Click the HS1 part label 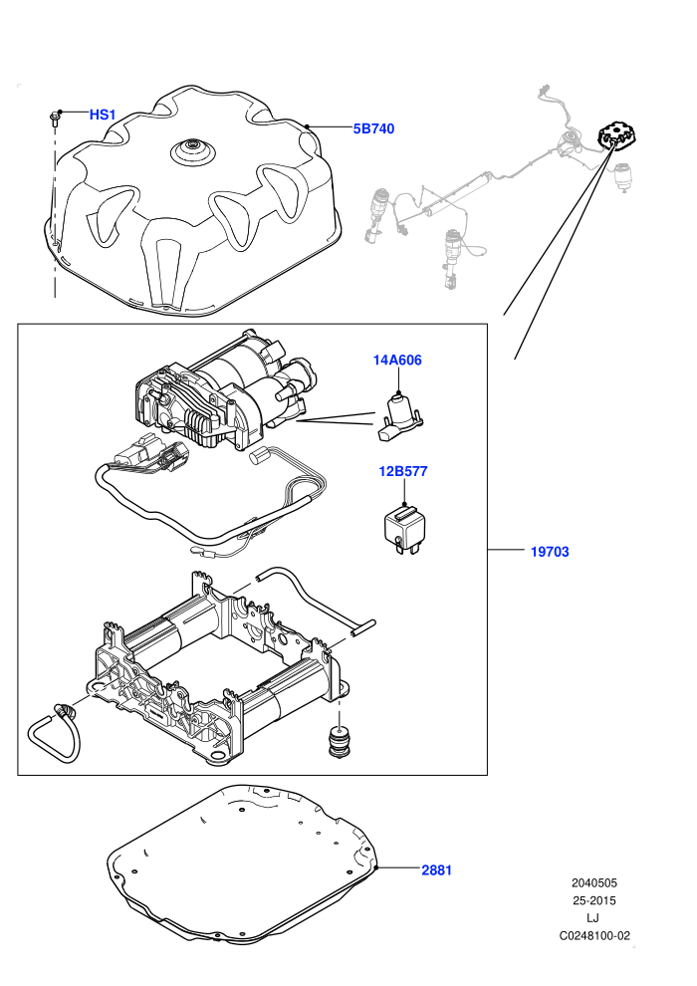[103, 115]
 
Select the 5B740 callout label [373, 128]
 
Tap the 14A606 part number [397, 360]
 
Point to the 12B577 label [403, 471]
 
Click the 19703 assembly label [550, 552]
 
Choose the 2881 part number [436, 869]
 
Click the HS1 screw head [55, 117]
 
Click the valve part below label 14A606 [400, 416]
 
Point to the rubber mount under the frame [339, 742]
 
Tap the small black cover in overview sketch [616, 136]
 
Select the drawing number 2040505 [593, 882]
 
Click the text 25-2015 [593, 900]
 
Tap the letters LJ [592, 918]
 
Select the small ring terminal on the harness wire [195, 552]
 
